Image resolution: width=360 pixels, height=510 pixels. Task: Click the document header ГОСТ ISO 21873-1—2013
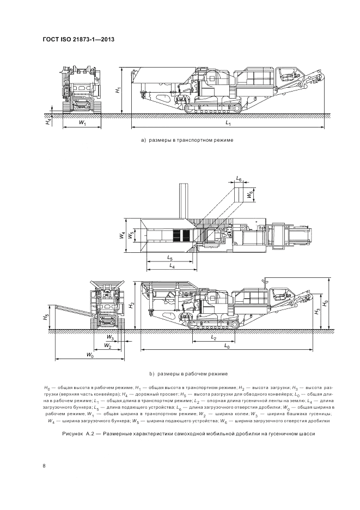point(78,39)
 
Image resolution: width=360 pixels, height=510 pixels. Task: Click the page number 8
point(44,465)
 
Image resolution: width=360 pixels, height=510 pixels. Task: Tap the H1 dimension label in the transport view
point(119,90)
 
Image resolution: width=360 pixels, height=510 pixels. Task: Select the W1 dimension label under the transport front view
point(82,123)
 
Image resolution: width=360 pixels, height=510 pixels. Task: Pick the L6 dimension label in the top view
point(240,179)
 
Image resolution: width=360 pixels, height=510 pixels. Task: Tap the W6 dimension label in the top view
point(250,194)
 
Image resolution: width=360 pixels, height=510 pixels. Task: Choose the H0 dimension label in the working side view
point(326,302)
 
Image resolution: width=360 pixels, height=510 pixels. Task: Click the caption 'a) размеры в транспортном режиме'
point(187,140)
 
